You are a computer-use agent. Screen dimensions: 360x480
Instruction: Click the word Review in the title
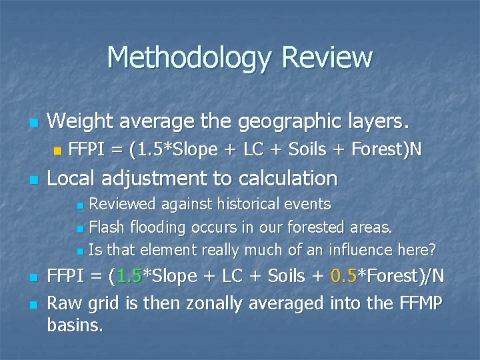pos(327,58)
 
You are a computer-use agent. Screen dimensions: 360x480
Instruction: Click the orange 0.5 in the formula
pos(345,276)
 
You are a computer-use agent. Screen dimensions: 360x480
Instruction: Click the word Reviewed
pos(122,204)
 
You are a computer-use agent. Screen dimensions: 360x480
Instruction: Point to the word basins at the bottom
pos(75,326)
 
